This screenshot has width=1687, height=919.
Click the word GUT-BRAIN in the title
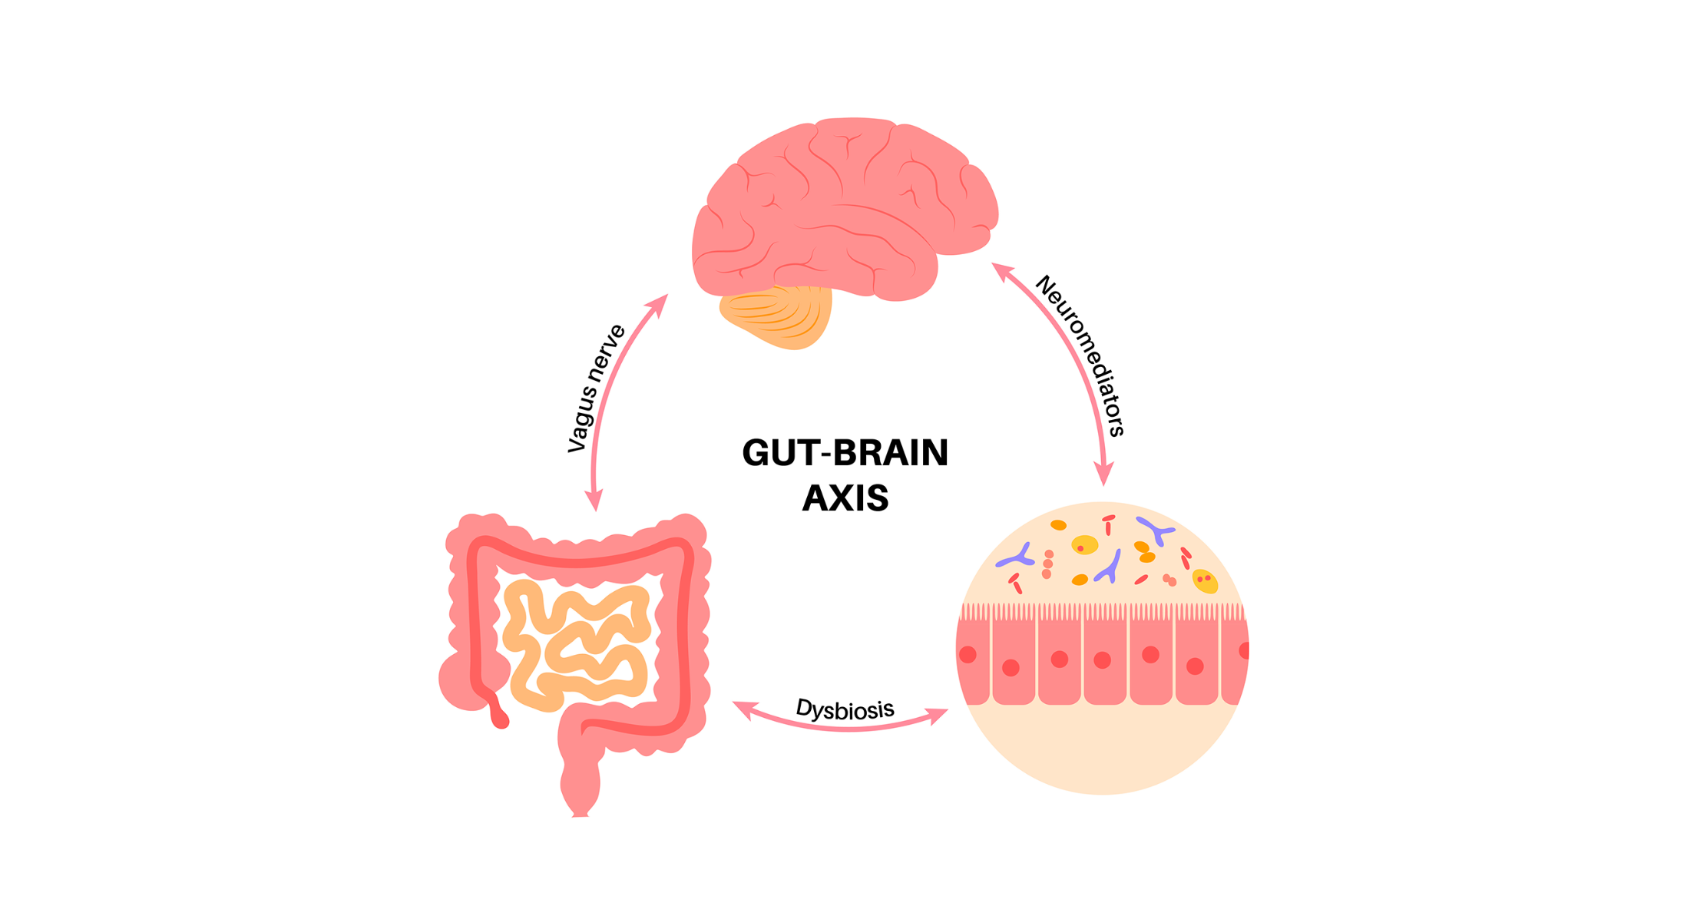click(x=845, y=453)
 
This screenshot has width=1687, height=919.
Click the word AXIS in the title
click(x=845, y=498)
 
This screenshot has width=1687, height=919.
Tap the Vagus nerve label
click(x=596, y=388)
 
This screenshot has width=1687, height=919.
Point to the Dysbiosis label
click(x=845, y=709)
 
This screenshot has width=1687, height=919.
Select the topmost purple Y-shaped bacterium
click(x=1155, y=531)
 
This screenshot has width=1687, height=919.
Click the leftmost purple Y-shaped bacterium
click(x=1017, y=556)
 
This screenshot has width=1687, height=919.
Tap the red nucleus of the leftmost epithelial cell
click(x=968, y=655)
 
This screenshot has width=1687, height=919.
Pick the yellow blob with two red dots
click(x=1205, y=581)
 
